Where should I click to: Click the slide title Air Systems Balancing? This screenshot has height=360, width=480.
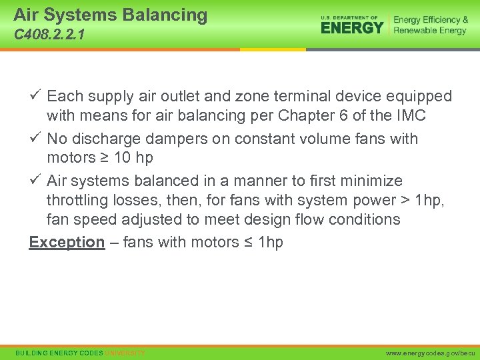click(110, 15)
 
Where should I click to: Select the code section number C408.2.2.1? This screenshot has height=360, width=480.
click(49, 34)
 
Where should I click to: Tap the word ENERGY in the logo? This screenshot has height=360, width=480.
click(352, 27)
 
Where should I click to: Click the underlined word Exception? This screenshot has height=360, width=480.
click(67, 242)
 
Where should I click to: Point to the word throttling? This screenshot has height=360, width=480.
click(79, 200)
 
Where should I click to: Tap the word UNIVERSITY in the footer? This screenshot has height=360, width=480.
click(125, 352)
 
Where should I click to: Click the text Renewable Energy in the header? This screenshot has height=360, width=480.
click(430, 31)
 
